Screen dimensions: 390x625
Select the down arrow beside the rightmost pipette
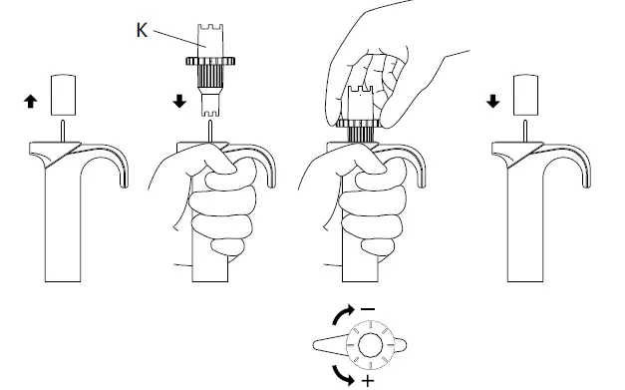(x=493, y=100)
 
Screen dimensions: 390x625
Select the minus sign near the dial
(x=369, y=309)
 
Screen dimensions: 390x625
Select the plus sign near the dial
(x=369, y=382)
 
